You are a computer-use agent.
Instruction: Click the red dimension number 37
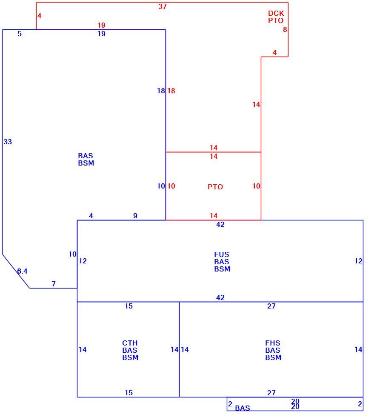[x=162, y=6]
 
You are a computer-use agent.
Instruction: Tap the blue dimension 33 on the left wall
[x=8, y=142]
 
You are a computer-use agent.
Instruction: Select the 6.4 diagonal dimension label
[x=23, y=271]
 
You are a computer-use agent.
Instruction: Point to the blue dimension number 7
[x=54, y=284]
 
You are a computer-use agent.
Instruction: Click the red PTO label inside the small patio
[x=215, y=187]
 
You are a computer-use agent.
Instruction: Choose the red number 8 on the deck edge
[x=285, y=29]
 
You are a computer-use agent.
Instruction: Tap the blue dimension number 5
[x=20, y=34]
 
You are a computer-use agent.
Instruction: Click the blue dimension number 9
[x=135, y=216]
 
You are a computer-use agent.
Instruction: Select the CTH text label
[x=130, y=343]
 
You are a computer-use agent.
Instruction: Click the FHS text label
[x=273, y=343]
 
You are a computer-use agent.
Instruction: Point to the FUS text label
[x=222, y=254]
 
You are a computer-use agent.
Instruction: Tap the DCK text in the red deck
[x=276, y=13]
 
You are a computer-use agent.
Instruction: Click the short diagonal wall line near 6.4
[x=16, y=271]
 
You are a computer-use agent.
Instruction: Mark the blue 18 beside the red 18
[x=161, y=91]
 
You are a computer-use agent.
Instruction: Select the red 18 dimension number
[x=171, y=91]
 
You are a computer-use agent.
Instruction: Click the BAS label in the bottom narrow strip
[x=243, y=408]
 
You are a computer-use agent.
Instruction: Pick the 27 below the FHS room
[x=271, y=393]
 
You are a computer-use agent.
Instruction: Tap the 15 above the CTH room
[x=129, y=306]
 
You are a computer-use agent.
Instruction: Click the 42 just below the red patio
[x=220, y=225]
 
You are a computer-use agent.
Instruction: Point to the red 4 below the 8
[x=274, y=52]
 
